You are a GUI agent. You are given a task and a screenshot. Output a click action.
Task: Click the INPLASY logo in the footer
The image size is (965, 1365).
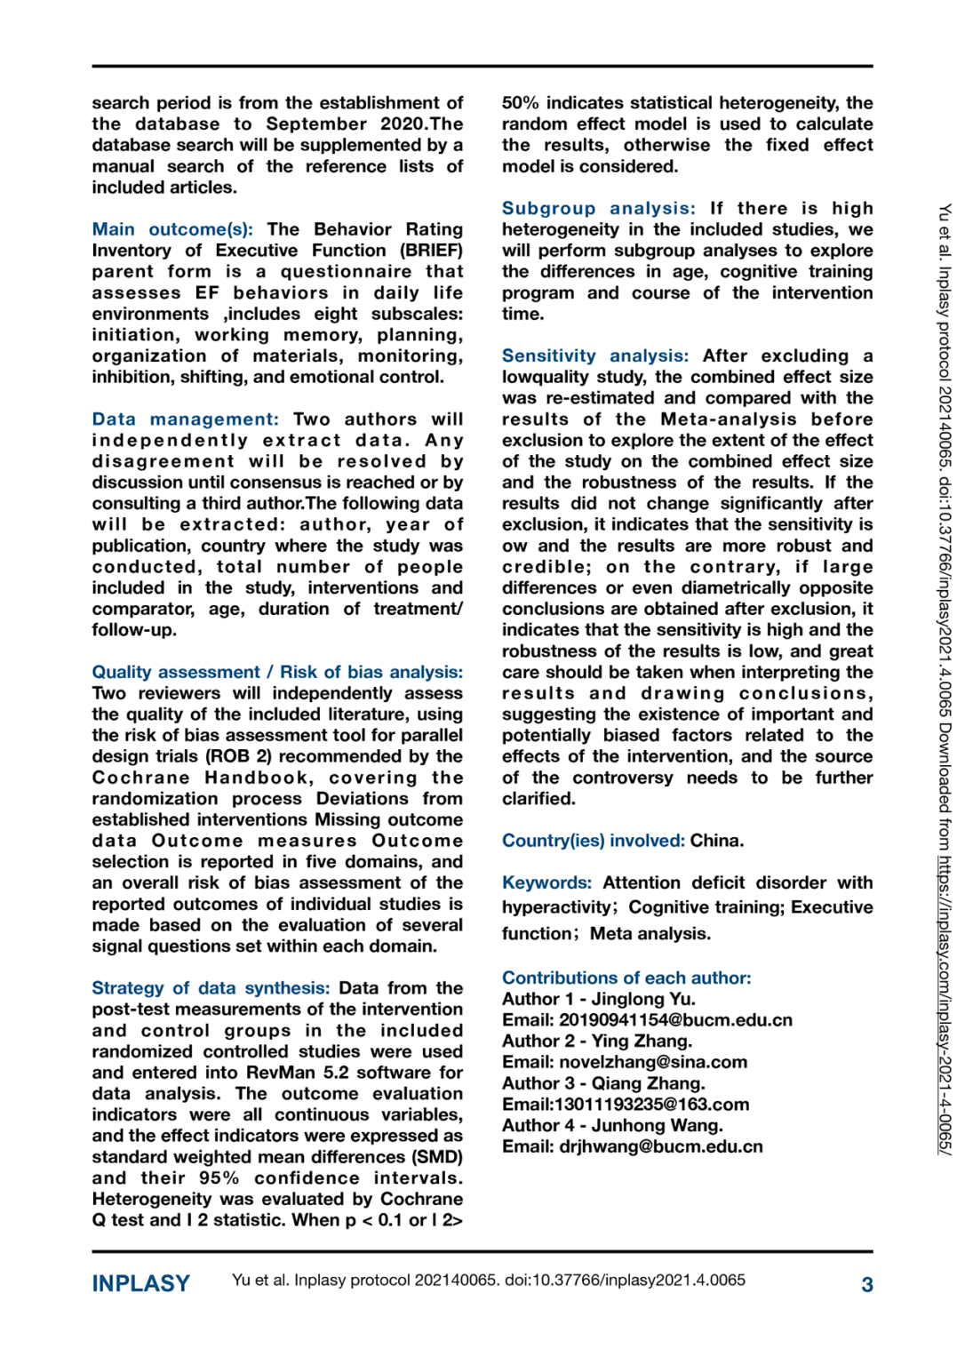click(140, 1283)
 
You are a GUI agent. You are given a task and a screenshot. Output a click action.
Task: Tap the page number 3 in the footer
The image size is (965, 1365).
click(866, 1284)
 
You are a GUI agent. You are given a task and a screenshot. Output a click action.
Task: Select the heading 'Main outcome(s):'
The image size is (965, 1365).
click(172, 229)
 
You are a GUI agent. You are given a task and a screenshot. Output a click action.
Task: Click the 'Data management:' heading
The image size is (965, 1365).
click(185, 419)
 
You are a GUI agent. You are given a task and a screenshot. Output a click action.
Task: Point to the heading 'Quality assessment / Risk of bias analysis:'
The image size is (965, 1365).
click(277, 672)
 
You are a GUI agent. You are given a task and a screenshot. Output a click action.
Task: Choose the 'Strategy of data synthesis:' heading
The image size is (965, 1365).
click(211, 988)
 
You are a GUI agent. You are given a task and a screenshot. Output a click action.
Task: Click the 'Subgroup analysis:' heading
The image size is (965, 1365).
click(598, 208)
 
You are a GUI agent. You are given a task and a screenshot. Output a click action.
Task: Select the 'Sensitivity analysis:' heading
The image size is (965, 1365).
click(594, 355)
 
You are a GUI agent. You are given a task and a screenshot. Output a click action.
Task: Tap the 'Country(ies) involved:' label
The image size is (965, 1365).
click(593, 841)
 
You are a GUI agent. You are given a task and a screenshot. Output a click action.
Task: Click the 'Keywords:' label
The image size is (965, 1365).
click(546, 882)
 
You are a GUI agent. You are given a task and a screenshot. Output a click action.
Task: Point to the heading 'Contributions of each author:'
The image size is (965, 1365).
click(626, 978)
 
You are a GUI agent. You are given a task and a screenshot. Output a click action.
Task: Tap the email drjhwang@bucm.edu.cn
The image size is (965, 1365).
click(661, 1146)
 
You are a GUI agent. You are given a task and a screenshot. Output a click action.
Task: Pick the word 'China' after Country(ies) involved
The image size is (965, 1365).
click(715, 841)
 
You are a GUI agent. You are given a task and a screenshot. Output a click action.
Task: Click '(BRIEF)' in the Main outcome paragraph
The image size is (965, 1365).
click(431, 251)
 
